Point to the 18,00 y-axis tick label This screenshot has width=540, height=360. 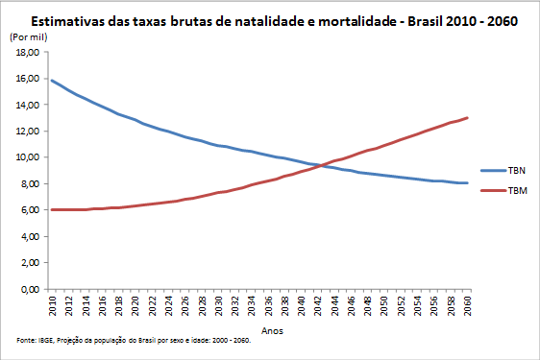(x=28, y=52)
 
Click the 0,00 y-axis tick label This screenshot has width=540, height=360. (x=30, y=289)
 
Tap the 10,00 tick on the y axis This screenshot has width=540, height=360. (x=28, y=157)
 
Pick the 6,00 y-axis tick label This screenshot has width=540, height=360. (x=30, y=210)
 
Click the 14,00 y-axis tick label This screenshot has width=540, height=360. (x=28, y=105)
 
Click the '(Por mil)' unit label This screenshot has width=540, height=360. (x=27, y=36)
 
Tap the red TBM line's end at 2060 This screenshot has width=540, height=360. (x=467, y=118)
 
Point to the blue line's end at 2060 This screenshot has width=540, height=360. (x=467, y=182)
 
